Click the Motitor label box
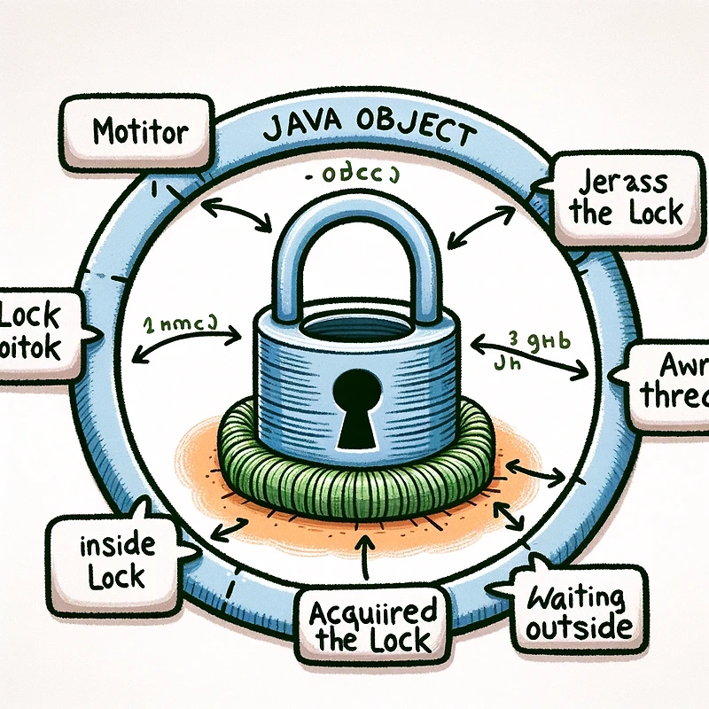[x=139, y=133]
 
